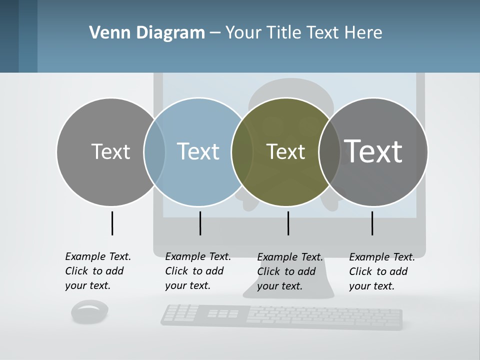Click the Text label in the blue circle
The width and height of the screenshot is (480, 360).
pyautogui.click(x=198, y=151)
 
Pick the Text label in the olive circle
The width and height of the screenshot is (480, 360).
pyautogui.click(x=285, y=152)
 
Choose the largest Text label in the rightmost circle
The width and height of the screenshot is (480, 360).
pyautogui.click(x=373, y=151)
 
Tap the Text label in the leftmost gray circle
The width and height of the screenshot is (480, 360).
pyautogui.click(x=110, y=151)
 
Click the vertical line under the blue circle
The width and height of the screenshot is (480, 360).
pyautogui.click(x=200, y=223)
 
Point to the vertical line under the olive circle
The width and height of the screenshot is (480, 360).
pyautogui.click(x=288, y=223)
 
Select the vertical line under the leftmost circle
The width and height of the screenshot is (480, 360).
pyautogui.click(x=112, y=223)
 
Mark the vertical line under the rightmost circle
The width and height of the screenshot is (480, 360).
pyautogui.click(x=372, y=223)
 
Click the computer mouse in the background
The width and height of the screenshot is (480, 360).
pyautogui.click(x=90, y=311)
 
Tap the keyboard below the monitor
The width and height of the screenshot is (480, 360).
pyautogui.click(x=281, y=317)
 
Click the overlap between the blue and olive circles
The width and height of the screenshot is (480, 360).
pyautogui.click(x=241, y=152)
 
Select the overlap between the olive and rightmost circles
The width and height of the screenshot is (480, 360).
pyautogui.click(x=329, y=152)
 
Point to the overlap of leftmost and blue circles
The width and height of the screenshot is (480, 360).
pyautogui.click(x=154, y=152)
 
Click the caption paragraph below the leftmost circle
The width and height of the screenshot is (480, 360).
pyautogui.click(x=98, y=271)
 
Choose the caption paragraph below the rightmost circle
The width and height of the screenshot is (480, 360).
pyautogui.click(x=382, y=271)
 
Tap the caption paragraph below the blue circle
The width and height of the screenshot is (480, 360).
pyautogui.click(x=198, y=271)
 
